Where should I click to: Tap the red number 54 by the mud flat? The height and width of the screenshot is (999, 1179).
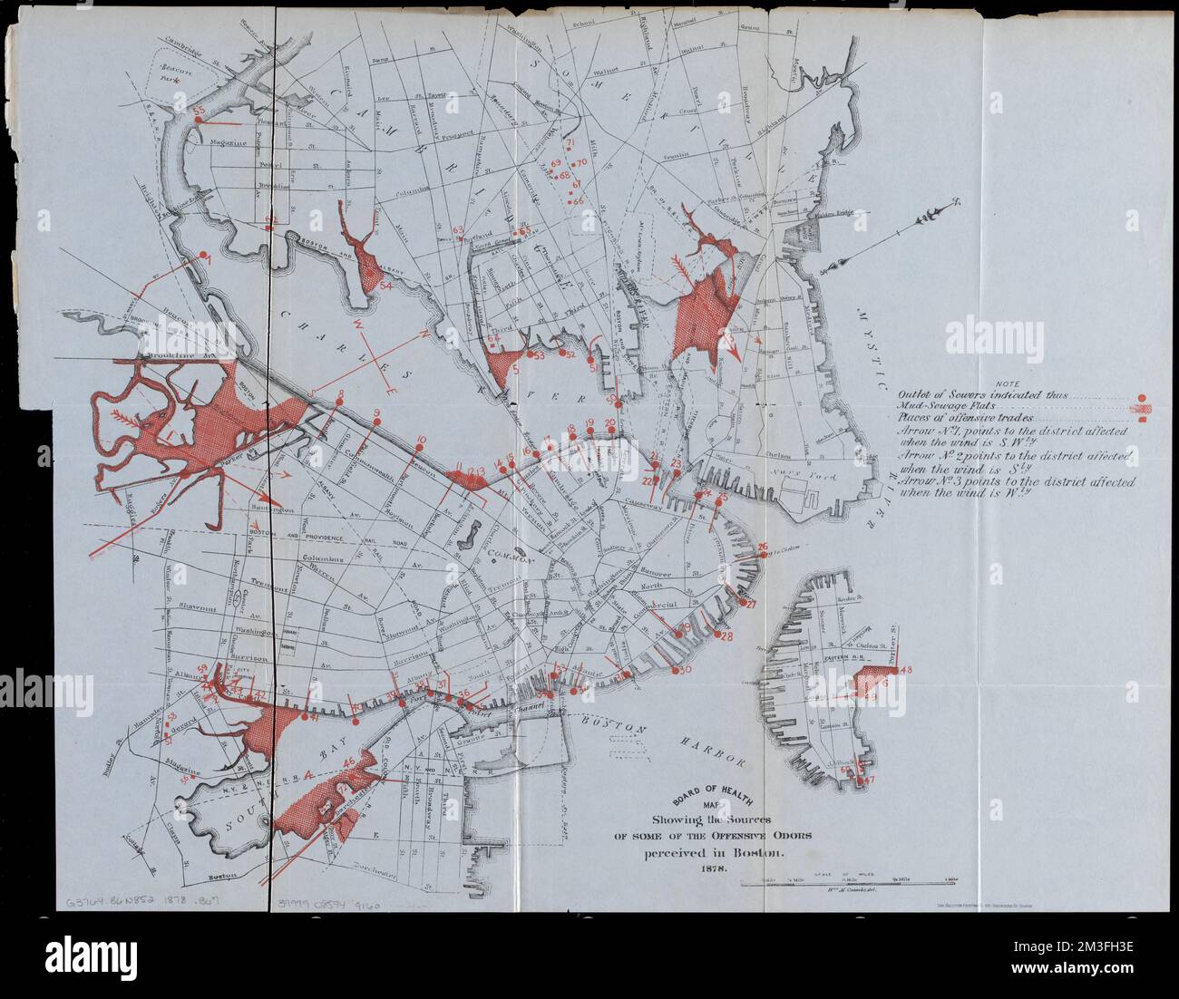click(x=385, y=286)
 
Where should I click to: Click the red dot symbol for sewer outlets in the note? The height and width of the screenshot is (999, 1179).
click(x=1142, y=397)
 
